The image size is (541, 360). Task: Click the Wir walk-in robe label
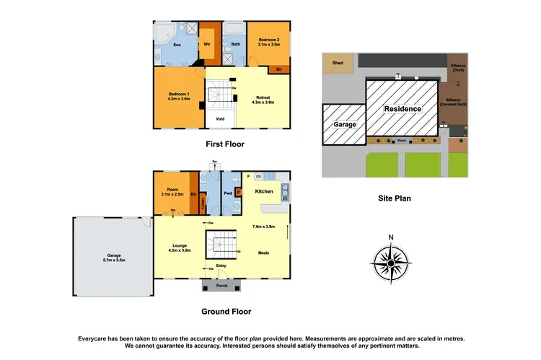click(207, 43)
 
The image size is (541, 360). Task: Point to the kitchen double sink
click(285, 191)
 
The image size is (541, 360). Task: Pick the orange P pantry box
click(239, 192)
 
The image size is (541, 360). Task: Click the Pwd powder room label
click(228, 193)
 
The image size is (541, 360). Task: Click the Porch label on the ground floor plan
click(222, 284)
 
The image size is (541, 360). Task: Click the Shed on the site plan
click(338, 63)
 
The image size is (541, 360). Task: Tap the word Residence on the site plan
click(401, 107)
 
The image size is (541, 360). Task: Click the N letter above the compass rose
click(390, 238)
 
